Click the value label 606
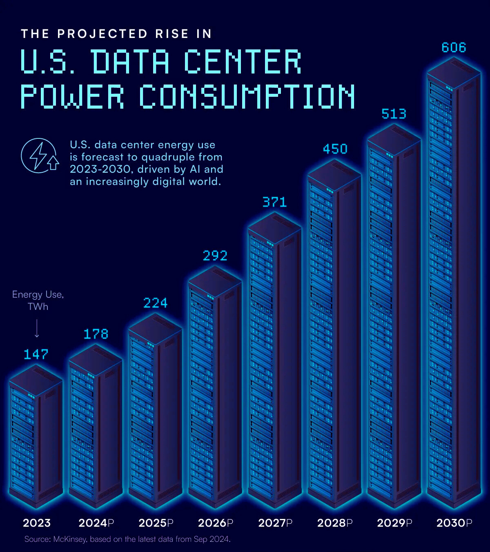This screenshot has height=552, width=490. (x=454, y=48)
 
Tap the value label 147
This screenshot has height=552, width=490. (x=36, y=354)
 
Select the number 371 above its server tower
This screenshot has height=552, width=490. (x=274, y=202)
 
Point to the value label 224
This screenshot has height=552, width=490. (x=155, y=303)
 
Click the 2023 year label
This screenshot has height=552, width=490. (x=37, y=523)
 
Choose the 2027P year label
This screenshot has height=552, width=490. (x=275, y=523)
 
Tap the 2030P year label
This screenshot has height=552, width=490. (x=454, y=523)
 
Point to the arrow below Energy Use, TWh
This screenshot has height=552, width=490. (x=37, y=328)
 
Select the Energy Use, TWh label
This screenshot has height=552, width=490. (x=38, y=300)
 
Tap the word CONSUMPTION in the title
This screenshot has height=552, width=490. (x=247, y=97)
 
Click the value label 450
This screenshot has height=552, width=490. (x=335, y=149)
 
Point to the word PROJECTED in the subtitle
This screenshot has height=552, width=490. (x=102, y=34)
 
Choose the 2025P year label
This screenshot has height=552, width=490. (x=156, y=523)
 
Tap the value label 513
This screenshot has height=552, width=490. (x=394, y=114)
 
